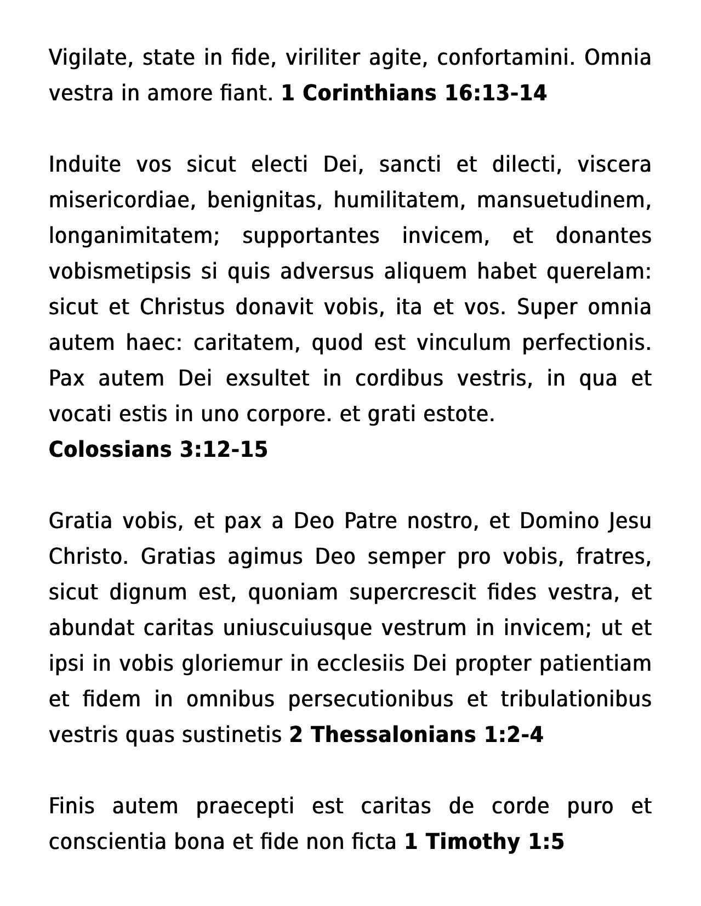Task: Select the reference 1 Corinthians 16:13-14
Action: (x=414, y=93)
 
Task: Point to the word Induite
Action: (x=84, y=165)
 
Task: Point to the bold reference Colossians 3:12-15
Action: (x=158, y=449)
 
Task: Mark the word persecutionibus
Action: (x=371, y=699)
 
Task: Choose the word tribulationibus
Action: (x=575, y=699)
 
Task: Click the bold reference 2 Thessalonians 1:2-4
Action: (x=416, y=735)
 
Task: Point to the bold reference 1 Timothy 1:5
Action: (x=484, y=842)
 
